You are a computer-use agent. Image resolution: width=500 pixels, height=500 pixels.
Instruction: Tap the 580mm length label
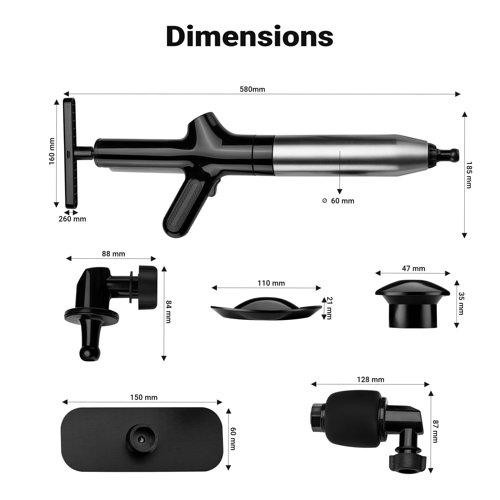coord(252,89)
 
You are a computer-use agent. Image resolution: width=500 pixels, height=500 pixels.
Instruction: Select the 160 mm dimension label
coord(52,151)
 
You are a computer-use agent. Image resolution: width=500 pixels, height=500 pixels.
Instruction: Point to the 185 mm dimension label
coord(469,175)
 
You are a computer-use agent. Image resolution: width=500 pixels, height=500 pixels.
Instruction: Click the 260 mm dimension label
coord(72,219)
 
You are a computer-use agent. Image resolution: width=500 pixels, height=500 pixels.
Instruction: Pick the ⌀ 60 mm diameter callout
coord(339,201)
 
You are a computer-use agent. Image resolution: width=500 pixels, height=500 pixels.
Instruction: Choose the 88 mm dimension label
coord(113,254)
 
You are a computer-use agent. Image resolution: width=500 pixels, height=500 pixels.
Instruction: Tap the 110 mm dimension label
coord(271,283)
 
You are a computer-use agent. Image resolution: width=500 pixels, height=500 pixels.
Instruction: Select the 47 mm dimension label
coord(414,268)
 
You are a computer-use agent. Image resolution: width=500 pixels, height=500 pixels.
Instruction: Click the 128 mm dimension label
coord(371,380)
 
